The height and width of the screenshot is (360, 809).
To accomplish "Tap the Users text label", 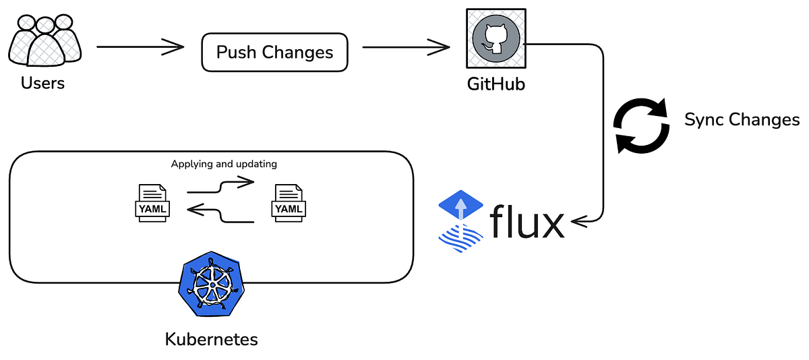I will [43, 84].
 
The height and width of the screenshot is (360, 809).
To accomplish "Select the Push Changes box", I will [275, 52].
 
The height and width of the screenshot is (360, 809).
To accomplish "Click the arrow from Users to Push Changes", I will [140, 47].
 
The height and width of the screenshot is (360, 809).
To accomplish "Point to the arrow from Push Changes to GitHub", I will [406, 47].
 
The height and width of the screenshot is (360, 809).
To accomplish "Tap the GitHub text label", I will [496, 85].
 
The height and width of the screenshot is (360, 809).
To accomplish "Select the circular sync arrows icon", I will [640, 127].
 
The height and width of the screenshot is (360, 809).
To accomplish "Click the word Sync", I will [704, 120].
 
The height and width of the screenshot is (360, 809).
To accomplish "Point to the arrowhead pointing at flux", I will [576, 220].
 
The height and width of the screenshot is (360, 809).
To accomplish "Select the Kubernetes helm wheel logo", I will [210, 287].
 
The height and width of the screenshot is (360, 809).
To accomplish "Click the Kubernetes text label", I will [211, 338].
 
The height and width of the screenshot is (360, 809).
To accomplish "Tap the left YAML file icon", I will [154, 202].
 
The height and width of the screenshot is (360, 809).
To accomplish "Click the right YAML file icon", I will [289, 202].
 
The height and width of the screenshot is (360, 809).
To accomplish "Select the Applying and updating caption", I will [224, 164].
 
